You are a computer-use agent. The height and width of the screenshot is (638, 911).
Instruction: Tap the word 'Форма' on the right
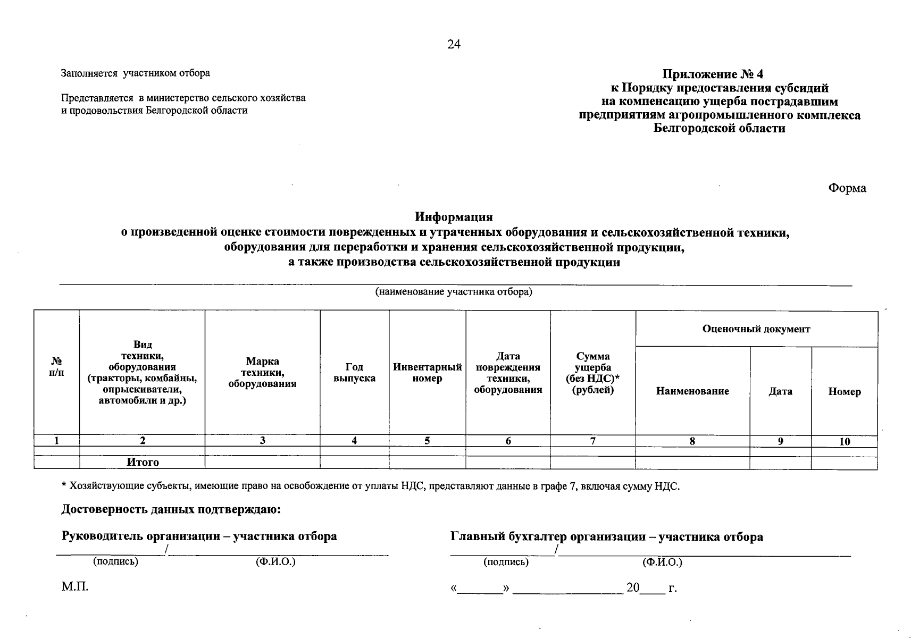[x=847, y=188]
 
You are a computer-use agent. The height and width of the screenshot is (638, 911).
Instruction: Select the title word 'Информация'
[x=454, y=217]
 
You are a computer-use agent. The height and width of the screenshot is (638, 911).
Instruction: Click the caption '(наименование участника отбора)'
[x=454, y=292]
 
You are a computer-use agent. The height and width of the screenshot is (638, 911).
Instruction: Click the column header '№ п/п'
[x=56, y=367]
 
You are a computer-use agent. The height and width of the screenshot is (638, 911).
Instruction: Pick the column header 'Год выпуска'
[x=354, y=373]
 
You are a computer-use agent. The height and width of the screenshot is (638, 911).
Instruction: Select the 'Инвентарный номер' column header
[x=427, y=373]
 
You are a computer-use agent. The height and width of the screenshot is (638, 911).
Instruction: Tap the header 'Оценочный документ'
[x=756, y=329]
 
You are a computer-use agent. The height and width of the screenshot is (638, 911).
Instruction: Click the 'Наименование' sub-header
[x=692, y=391]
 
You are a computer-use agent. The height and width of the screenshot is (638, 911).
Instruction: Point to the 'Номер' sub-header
[x=844, y=392]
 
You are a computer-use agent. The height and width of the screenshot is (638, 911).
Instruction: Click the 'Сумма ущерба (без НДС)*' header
[x=592, y=373]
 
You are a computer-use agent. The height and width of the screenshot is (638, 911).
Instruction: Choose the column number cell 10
[x=844, y=441]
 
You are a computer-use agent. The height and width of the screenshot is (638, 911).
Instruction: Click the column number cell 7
[x=592, y=441]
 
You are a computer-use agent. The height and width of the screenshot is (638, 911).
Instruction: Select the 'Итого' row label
[x=143, y=463]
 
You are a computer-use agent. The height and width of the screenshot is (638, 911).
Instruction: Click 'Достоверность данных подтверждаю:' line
[x=171, y=510]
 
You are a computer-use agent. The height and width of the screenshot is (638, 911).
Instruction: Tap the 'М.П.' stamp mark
[x=74, y=587]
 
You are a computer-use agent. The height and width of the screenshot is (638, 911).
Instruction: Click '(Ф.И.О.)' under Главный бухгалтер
[x=662, y=563]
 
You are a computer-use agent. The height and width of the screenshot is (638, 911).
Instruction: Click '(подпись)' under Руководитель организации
[x=115, y=562]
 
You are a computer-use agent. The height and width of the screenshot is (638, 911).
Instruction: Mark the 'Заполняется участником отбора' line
[x=136, y=73]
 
